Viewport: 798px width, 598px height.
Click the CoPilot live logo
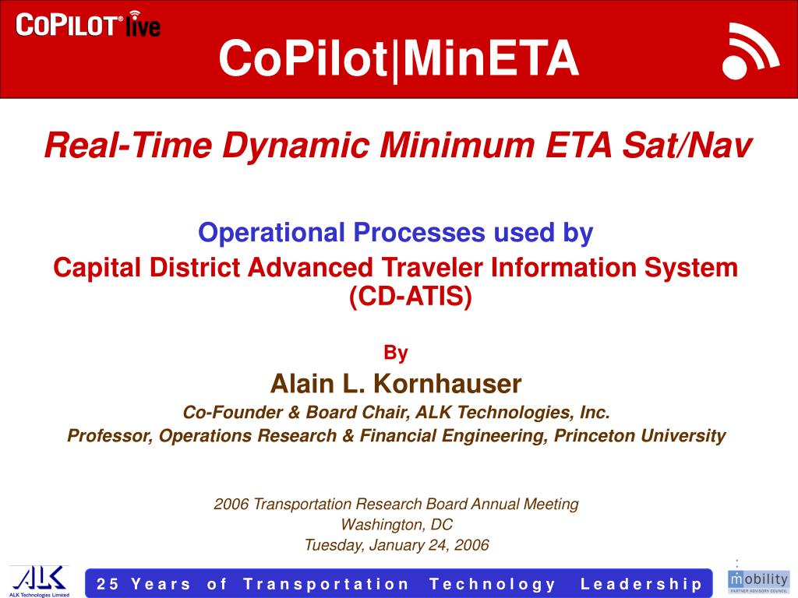[88, 25]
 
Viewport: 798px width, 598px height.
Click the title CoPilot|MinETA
[398, 58]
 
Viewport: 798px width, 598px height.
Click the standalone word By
[396, 354]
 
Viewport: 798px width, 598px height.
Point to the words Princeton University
[640, 435]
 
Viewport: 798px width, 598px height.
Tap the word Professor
[109, 435]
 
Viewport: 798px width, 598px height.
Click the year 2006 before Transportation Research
[231, 504]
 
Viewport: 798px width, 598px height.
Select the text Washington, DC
[397, 524]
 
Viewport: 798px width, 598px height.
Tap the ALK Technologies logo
[38, 580]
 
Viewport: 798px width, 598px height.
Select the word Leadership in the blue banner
[641, 584]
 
